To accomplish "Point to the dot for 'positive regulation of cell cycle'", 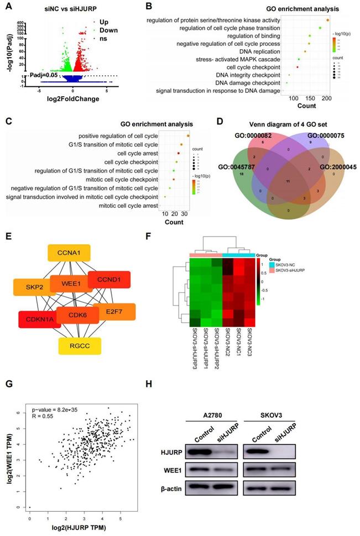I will pos(189,135).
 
